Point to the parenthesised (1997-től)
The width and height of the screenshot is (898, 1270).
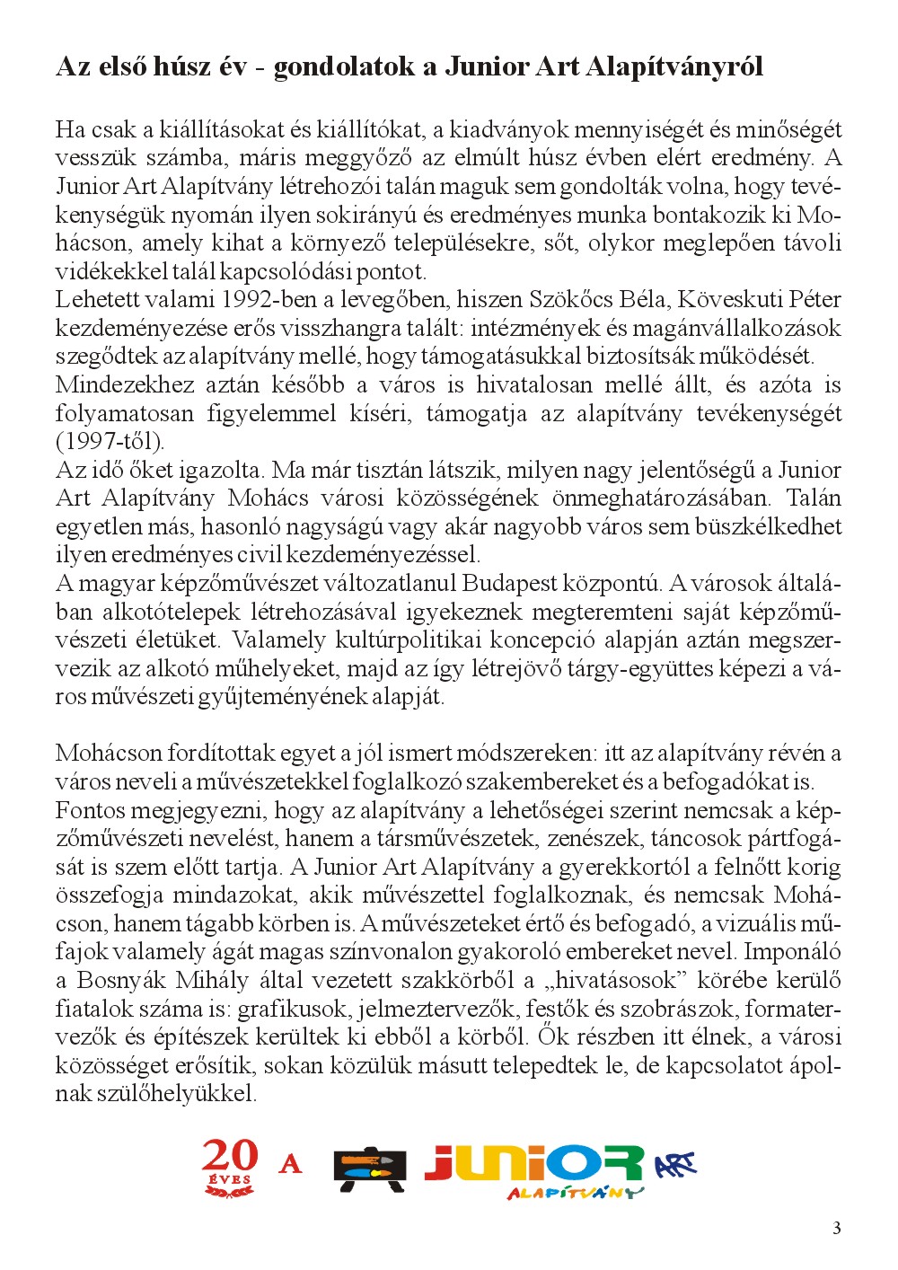pyautogui.click(x=110, y=441)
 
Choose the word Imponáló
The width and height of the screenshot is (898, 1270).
pyautogui.click(x=792, y=951)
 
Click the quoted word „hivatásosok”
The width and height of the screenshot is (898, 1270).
pyautogui.click(x=611, y=980)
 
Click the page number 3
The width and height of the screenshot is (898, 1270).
pyautogui.click(x=837, y=1229)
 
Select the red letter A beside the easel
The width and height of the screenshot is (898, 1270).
pyautogui.click(x=290, y=1165)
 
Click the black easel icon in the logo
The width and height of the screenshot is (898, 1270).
pyautogui.click(x=369, y=1169)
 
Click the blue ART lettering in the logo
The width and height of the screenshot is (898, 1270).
pyautogui.click(x=675, y=1166)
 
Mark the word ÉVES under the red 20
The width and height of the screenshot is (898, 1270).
pyautogui.click(x=230, y=1179)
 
